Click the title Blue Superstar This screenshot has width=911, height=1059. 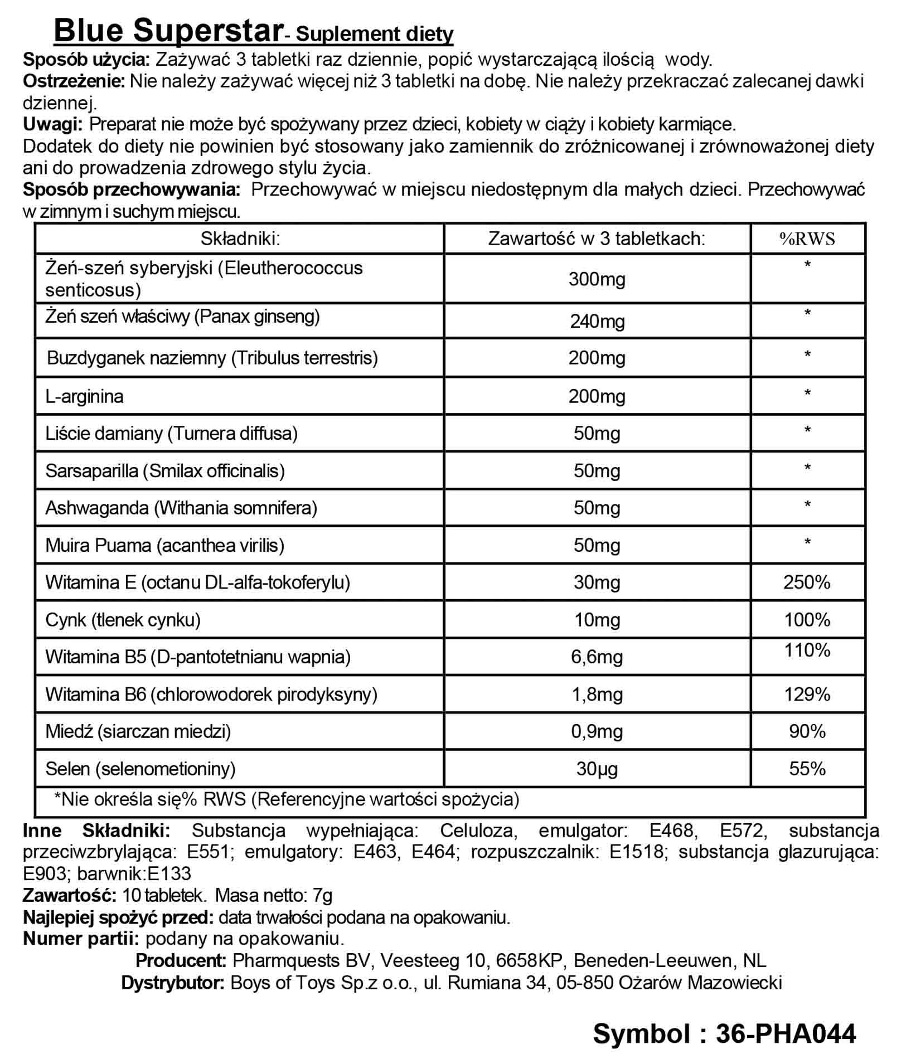167,30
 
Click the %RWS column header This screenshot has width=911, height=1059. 807,239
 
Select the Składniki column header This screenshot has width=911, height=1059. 240,239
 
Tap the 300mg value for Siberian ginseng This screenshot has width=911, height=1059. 597,279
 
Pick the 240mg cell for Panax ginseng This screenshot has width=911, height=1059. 597,322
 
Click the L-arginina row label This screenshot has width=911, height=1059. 85,396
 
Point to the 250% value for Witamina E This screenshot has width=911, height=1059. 807,582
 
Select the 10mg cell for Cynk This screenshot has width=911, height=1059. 597,620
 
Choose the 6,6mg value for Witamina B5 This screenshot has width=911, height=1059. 597,657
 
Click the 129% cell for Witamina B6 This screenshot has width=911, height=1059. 807,694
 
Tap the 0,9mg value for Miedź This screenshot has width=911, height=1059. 597,731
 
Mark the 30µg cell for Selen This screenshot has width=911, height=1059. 597,769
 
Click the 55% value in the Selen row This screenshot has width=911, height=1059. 807,769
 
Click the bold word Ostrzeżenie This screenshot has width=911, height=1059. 74,81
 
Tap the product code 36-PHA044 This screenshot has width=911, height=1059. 786,1033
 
